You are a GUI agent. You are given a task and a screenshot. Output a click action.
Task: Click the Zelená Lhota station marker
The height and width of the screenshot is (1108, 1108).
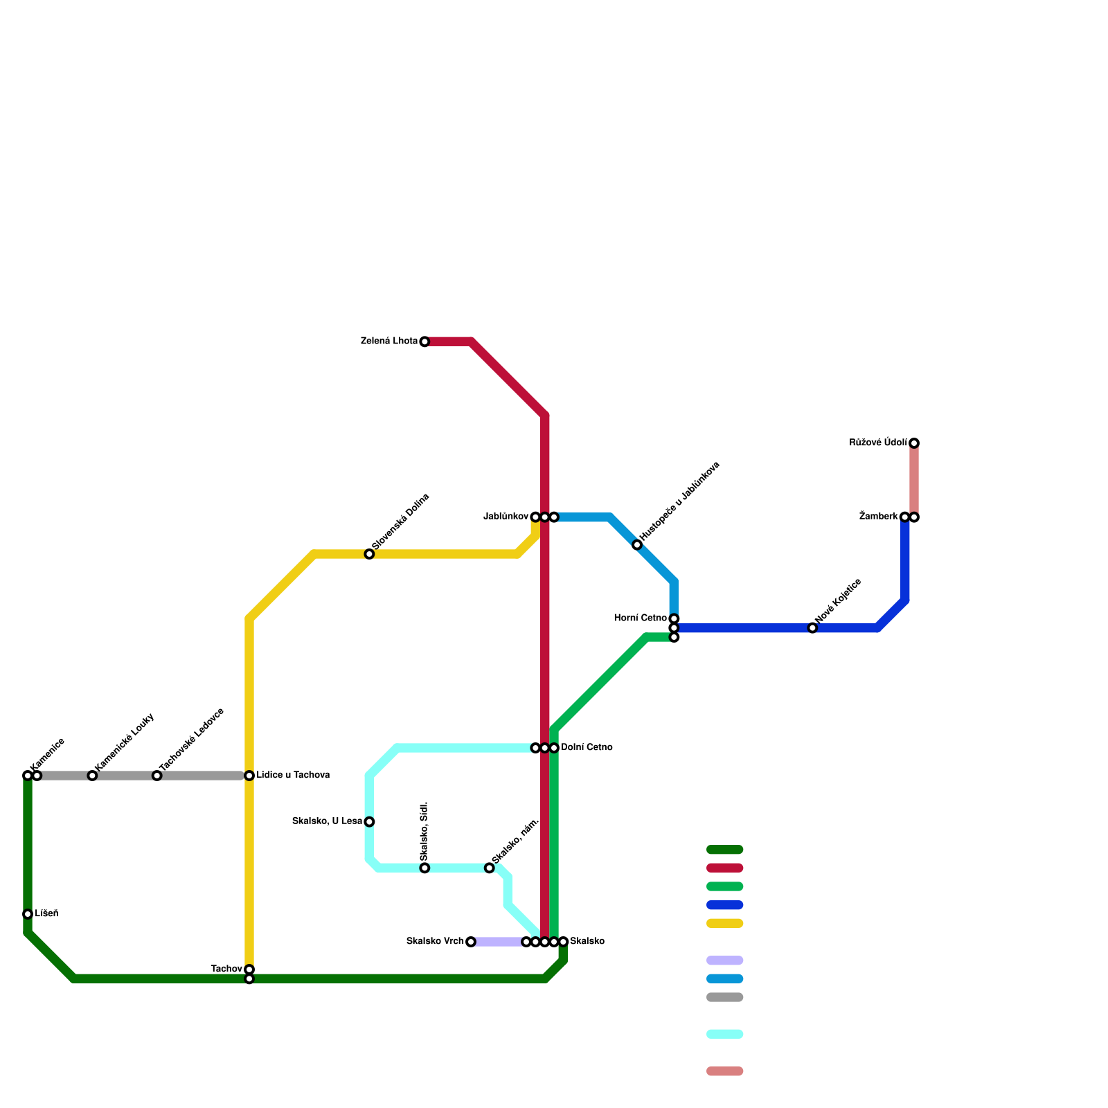click(425, 341)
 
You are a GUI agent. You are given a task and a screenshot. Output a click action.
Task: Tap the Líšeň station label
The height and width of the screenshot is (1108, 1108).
click(46, 913)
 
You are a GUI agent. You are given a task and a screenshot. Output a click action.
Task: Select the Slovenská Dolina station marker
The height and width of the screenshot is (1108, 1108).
click(369, 554)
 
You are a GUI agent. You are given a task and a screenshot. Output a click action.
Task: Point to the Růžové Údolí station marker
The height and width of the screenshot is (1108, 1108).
click(914, 443)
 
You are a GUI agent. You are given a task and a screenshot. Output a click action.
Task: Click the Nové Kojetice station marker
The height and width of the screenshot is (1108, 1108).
click(812, 628)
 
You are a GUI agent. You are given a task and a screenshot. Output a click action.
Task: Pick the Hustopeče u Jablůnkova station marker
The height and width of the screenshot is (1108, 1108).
click(637, 545)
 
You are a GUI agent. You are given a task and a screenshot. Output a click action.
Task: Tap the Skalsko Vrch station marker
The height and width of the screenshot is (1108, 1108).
click(471, 942)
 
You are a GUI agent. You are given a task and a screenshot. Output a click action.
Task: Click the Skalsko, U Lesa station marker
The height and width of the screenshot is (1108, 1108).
click(369, 822)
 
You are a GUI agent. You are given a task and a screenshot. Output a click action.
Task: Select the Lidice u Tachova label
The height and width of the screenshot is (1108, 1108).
click(292, 775)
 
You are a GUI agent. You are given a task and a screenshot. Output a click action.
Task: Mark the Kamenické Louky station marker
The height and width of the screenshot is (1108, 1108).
click(92, 776)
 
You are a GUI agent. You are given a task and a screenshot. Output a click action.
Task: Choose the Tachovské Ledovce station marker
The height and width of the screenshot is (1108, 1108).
click(157, 776)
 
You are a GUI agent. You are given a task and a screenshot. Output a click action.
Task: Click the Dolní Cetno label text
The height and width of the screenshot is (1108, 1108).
click(587, 748)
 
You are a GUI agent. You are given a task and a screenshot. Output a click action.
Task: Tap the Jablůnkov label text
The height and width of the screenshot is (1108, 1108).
click(506, 517)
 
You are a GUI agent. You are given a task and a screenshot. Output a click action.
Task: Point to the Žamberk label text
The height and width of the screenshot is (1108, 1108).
click(878, 517)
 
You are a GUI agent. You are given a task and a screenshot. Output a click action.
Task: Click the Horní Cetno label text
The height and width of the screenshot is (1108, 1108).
click(641, 618)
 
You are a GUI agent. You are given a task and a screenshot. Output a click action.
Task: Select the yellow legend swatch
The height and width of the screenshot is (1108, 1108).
click(724, 923)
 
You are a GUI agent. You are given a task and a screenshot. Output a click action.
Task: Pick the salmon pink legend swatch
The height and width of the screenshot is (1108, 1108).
click(724, 1071)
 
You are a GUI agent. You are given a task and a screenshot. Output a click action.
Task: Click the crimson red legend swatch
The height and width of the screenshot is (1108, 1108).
click(724, 868)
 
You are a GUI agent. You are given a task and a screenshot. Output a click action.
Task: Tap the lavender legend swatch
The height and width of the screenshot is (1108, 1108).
click(724, 960)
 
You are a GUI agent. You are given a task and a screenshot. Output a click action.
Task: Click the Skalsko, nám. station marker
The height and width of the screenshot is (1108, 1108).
click(490, 868)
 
